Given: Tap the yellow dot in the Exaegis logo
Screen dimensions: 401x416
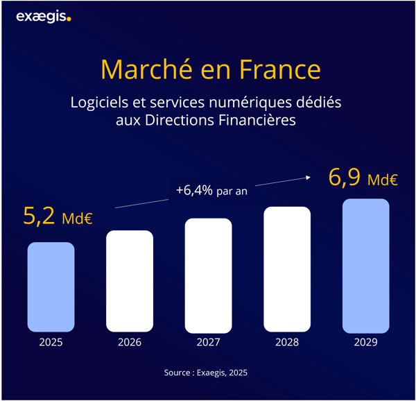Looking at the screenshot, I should point(69,19).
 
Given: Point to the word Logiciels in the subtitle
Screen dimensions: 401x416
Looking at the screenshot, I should point(98,103).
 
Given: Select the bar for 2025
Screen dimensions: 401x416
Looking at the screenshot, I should point(51,287).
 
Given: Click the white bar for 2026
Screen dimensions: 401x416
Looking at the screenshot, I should point(129,281).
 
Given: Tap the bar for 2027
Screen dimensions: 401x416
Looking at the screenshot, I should point(208,275).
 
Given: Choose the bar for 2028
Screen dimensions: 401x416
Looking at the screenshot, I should point(287,269).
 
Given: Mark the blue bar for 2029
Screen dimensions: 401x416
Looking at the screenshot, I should point(365,266).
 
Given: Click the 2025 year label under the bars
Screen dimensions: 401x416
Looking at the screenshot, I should point(51,342).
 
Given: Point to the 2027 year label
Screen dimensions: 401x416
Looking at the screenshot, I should point(208,342).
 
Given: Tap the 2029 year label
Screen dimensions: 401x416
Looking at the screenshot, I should point(365,342).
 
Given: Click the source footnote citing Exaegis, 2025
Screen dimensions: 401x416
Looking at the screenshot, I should point(206,373).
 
